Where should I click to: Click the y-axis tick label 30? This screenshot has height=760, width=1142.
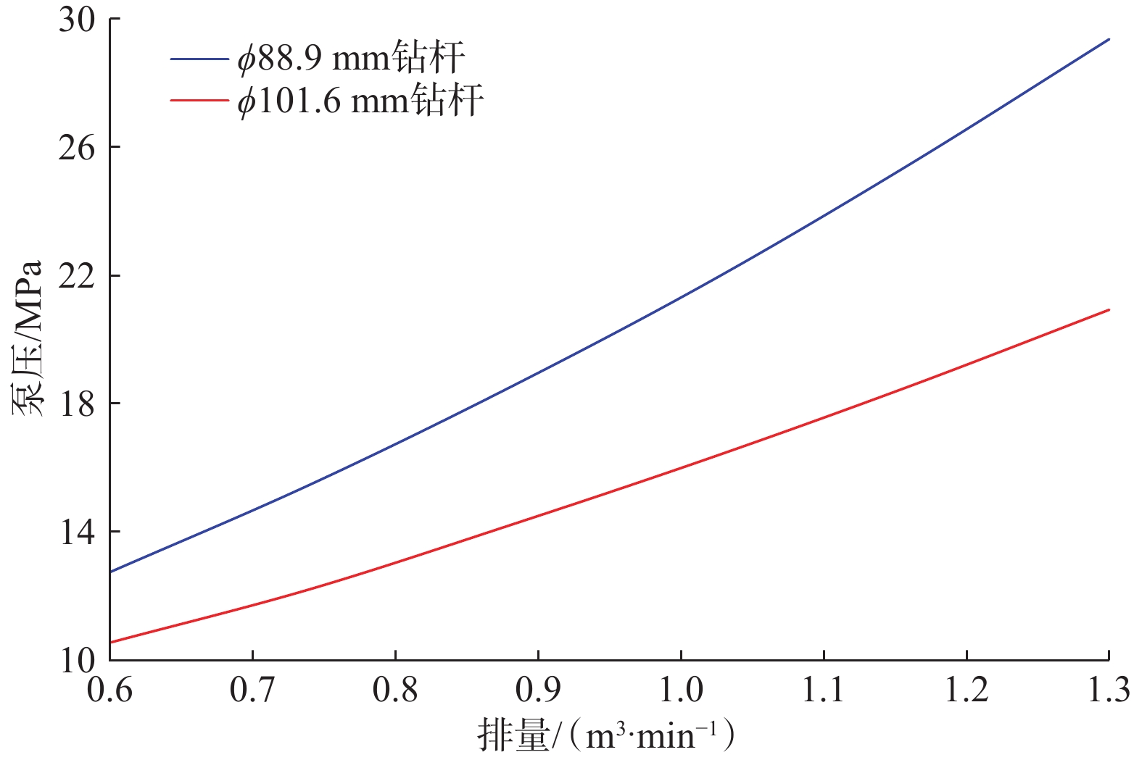77,20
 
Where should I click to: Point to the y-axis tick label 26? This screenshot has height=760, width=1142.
77,148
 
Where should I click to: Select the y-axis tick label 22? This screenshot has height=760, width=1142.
77,276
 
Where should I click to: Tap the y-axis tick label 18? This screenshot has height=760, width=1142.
77,404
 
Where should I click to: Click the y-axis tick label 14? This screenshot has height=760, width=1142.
77,533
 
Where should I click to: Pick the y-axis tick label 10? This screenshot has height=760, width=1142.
77,660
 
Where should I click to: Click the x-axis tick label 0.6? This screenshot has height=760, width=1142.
110,690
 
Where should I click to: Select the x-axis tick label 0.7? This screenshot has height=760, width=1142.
252,690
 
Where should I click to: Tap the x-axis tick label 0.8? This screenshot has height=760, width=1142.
395,690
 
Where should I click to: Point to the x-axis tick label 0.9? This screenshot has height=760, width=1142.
538,690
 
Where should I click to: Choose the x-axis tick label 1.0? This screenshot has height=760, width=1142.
681,690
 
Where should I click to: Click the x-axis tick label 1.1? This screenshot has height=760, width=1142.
824,690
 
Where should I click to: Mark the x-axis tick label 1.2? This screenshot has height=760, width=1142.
967,690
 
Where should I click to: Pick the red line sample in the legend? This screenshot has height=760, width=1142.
199,100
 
